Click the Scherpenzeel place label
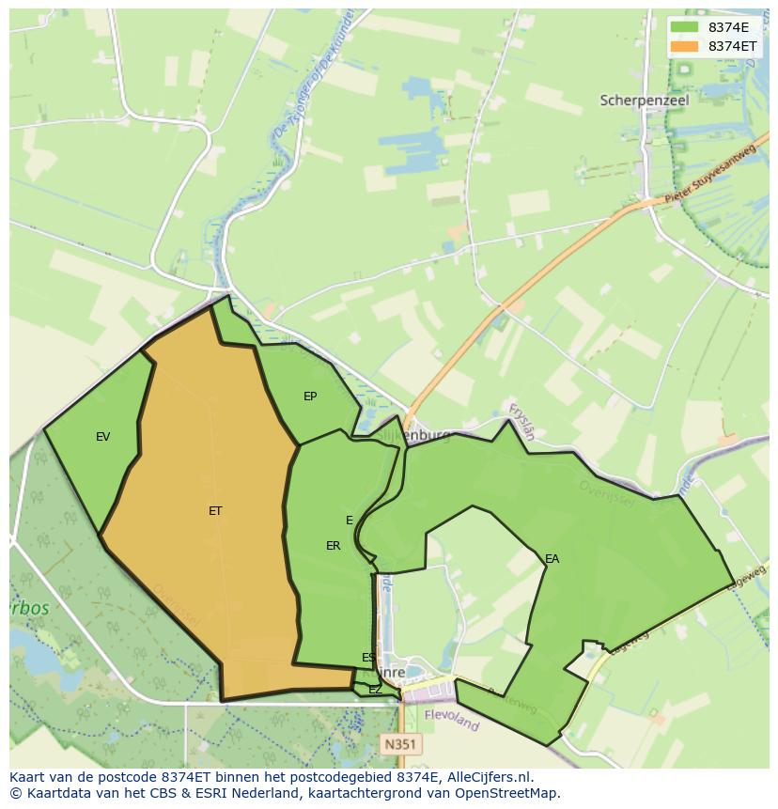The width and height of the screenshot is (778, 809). tap(645, 100)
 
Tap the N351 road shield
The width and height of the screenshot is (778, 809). tap(401, 744)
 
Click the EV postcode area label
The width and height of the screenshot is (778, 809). tap(103, 437)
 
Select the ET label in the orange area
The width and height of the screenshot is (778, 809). tap(215, 511)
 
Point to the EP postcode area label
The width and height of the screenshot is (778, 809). tap(310, 397)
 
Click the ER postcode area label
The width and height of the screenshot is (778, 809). tap(334, 546)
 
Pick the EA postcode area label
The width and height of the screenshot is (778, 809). tap(552, 559)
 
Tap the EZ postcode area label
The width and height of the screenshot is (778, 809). tap(375, 690)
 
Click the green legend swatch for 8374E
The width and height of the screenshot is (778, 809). tap(685, 27)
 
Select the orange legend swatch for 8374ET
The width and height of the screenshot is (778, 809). tap(685, 46)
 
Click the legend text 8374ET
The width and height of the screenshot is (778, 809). tap(733, 46)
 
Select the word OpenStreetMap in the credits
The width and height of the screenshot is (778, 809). tap(513, 793)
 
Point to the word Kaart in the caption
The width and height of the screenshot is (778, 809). tap(27, 777)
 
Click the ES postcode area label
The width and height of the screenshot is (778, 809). tap(368, 658)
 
